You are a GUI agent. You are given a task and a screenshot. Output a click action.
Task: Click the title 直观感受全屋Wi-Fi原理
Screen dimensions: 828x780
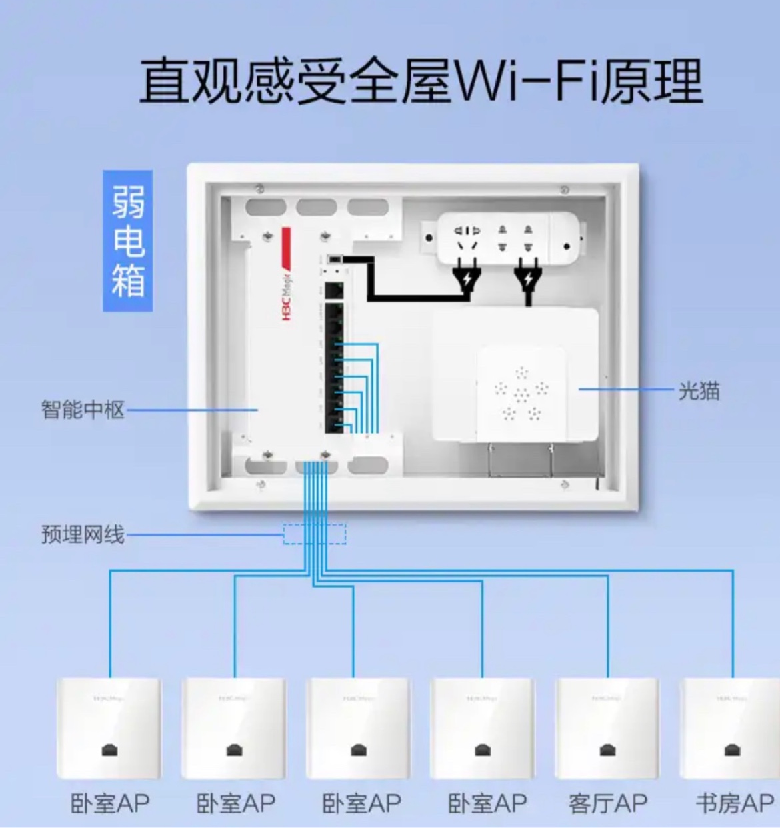pos(421,81)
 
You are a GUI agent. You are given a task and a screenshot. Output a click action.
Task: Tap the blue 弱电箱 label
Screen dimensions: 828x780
pos(128,241)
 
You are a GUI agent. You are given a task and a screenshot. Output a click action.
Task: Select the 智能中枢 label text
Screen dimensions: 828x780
pos(83,409)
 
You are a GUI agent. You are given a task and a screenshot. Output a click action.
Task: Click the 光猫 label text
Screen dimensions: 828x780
pos(699,391)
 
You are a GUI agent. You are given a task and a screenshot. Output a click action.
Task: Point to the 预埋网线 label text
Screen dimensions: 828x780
pos(83,534)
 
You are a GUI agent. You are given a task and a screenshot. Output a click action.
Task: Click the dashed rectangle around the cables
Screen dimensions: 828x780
pos(315,534)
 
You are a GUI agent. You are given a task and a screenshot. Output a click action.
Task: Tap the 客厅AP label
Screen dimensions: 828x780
pos(608,803)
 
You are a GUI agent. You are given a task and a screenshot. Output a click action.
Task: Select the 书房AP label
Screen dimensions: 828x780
pos(735,803)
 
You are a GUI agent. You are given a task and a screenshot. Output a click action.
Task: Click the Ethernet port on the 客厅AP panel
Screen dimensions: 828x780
pos(608,750)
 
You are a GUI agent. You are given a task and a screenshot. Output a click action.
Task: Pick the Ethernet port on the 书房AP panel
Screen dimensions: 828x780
pos(732,750)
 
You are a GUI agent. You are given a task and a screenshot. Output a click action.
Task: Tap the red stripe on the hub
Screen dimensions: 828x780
pos(286,244)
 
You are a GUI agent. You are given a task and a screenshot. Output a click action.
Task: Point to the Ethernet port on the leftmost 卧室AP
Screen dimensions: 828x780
pos(109,750)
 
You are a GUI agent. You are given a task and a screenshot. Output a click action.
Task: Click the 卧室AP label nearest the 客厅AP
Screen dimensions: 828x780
pos(487,803)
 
